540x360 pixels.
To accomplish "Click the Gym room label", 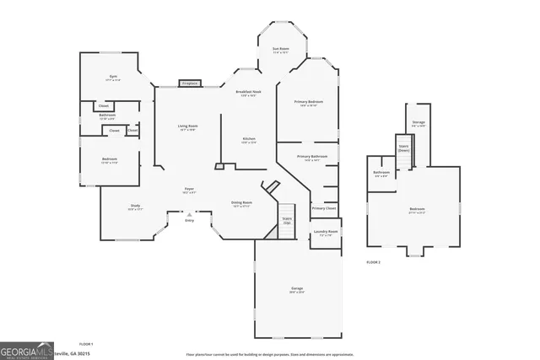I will [113, 77].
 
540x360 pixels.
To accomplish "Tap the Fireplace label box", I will [190, 83].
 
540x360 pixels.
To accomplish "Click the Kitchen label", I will [249, 139].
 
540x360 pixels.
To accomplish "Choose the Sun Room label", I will [281, 50].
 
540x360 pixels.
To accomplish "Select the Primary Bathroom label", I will [312, 157].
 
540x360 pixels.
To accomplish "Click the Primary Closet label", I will [324, 208].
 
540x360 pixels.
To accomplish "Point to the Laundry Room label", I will [326, 232].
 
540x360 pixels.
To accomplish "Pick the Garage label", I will [297, 289].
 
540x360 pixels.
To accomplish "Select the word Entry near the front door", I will [189, 220].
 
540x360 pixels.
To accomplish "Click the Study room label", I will [135, 206].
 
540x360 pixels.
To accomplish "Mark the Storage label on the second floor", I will [418, 123].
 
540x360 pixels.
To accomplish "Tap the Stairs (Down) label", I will [403, 148].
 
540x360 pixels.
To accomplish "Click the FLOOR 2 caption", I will [374, 262].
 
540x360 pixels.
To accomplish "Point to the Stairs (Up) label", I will [287, 219].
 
